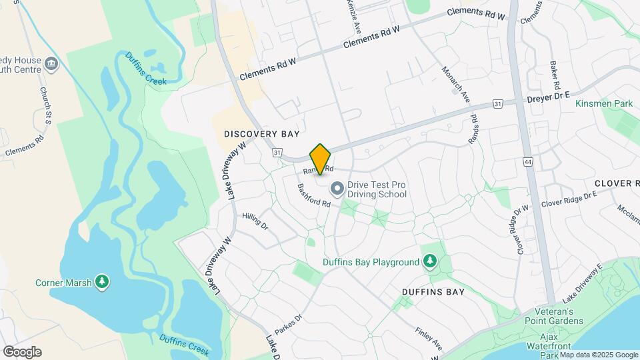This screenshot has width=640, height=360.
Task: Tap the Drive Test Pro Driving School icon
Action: pos(337,189)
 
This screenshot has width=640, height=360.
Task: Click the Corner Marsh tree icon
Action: pos(101,283)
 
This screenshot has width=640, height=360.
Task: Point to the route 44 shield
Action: pos(528,162)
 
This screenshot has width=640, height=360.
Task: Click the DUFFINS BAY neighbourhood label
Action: pos(433,292)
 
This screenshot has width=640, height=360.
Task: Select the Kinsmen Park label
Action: pos(603,104)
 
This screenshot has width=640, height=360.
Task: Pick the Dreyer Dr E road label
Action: pos(547,96)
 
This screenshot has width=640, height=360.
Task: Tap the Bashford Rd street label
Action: pos(314,195)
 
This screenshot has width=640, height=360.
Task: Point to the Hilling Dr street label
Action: pos(255,222)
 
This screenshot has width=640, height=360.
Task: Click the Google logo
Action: pos(22,352)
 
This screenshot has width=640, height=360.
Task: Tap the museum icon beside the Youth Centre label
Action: pos(52,64)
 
